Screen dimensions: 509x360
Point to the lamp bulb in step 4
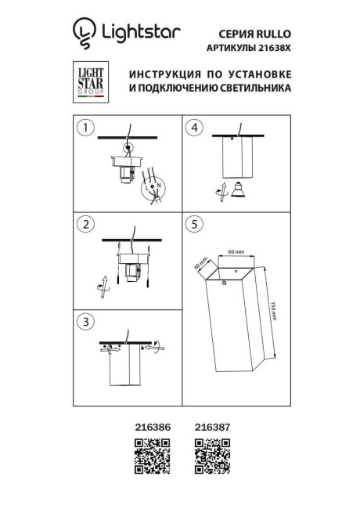[x=232, y=190]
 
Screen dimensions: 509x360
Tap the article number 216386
[x=153, y=428]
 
